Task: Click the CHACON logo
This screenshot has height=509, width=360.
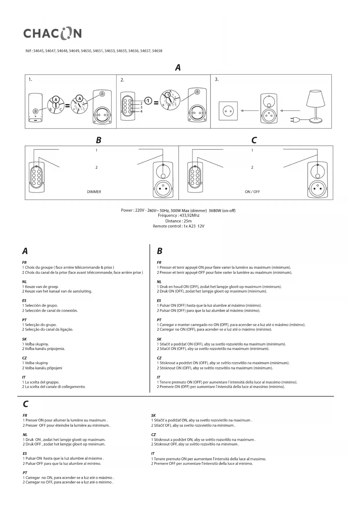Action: pos(53,33)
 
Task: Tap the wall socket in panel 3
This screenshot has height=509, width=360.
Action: pos(228,111)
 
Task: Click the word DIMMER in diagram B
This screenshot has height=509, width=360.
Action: pos(94,192)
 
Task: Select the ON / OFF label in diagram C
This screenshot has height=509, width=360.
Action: pos(252,192)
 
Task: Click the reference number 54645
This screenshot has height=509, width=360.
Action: pos(39,51)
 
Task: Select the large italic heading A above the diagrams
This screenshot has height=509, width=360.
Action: pos(178,68)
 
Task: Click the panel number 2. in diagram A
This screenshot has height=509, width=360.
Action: pos(122,80)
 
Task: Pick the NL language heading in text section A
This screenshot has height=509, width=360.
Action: pos(24,282)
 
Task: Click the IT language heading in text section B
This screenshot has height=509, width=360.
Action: pos(158,377)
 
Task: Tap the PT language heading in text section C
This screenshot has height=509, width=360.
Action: pos(25,473)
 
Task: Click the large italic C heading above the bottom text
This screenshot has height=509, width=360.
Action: pos(26,404)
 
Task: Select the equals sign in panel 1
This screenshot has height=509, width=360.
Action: pos(67,106)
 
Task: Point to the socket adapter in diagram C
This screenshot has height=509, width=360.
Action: pos(318,180)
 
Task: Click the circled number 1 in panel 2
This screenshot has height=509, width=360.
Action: pos(148,101)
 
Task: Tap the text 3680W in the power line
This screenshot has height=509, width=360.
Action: pos(215,211)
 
